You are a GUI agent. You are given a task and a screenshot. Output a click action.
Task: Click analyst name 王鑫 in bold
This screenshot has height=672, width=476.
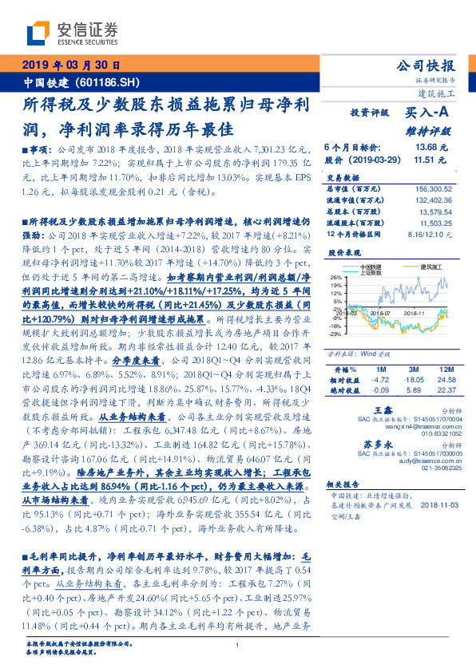pos(381,386)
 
